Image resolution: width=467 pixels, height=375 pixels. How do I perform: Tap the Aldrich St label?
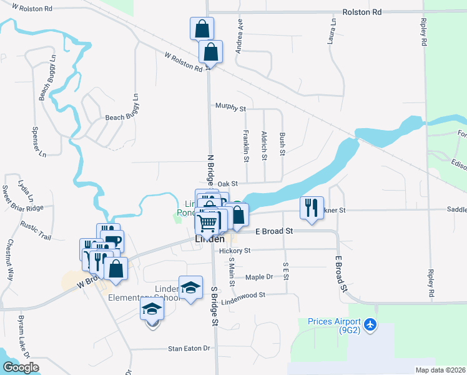tap(265, 146)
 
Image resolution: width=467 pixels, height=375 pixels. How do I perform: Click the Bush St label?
tap(283, 144)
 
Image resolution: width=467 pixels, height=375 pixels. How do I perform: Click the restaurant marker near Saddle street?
tap(312, 207)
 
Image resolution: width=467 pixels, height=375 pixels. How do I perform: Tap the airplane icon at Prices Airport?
tap(371, 324)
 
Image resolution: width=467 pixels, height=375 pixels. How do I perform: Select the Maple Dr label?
tap(259, 277)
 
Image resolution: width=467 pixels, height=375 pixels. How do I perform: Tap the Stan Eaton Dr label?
tap(191, 349)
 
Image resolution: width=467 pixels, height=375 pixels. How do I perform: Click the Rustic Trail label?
tap(35, 231)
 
